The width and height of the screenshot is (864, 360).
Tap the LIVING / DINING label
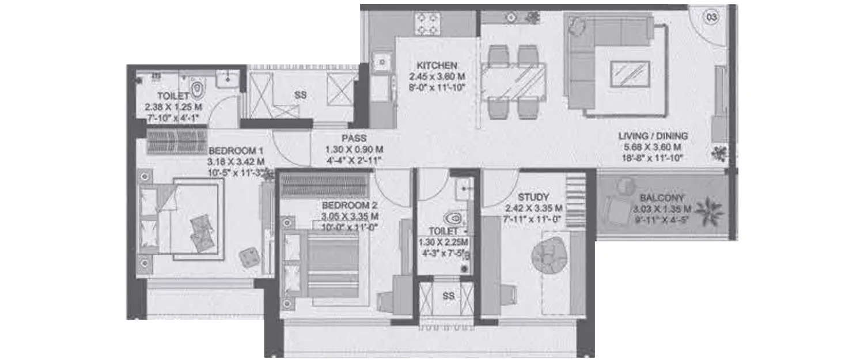tap(653, 137)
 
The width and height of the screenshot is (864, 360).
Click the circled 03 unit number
tap(711, 17)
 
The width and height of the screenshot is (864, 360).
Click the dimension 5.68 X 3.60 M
tap(653, 148)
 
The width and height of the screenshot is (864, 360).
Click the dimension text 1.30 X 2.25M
tap(443, 242)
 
